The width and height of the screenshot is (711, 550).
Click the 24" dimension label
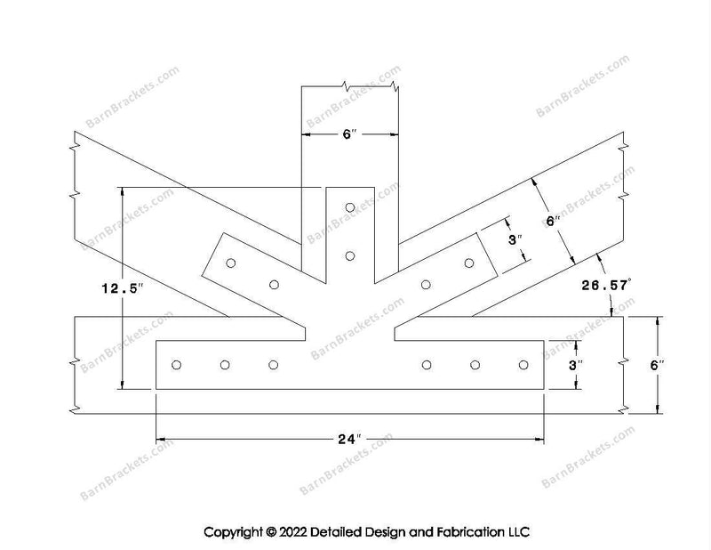point(349,439)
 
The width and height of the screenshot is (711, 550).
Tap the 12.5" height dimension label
point(123,288)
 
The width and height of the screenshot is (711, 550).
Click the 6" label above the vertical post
point(349,134)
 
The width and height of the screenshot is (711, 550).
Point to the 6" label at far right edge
point(657,365)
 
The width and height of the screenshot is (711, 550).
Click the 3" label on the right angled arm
point(515,239)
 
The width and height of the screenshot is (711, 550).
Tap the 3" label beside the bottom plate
point(576,365)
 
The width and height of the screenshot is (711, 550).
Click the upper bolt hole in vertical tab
point(349,207)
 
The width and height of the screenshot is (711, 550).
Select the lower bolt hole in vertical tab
point(349,256)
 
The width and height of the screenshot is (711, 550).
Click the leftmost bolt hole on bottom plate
point(176,365)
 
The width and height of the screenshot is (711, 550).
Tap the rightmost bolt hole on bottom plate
point(523,365)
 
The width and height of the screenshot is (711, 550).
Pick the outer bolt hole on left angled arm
point(231,263)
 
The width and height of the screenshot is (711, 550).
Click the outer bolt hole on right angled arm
point(469,263)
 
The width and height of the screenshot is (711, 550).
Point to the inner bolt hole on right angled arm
point(426,285)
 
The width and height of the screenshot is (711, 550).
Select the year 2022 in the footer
point(293,532)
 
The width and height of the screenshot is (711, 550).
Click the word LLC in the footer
point(518,532)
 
